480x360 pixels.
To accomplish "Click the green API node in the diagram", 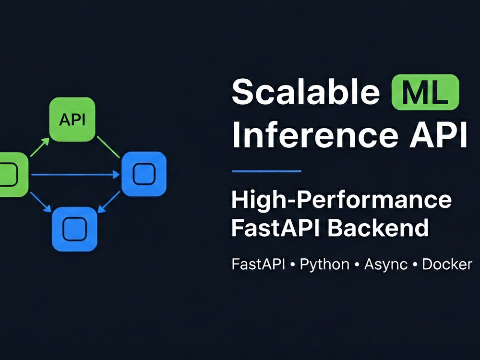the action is tap(72, 120).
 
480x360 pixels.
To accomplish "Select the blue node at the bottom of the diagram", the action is tap(75, 229).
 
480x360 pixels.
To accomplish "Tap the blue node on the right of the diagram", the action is tap(144, 174).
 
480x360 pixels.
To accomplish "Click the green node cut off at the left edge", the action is tap(14, 175).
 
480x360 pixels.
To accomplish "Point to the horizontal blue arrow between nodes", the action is tap(75, 175).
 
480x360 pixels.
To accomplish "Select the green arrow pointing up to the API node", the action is tap(40, 147).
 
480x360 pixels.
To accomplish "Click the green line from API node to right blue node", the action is tap(108, 147).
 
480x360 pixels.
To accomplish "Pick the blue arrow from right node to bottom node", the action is tap(109, 202).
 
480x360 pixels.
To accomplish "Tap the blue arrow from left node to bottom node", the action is tap(40, 202).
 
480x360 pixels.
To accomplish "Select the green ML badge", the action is tap(425, 92).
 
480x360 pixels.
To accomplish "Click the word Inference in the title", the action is tap(315, 135).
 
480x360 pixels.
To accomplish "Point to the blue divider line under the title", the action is tap(266, 171).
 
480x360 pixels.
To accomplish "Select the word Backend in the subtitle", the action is tap(378, 228).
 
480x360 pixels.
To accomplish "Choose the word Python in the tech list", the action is tap(324, 264).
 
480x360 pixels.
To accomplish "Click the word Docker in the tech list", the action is tap(447, 264).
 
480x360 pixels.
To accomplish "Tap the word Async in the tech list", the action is tap(386, 264).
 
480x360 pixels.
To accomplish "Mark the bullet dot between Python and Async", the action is tap(357, 264).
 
